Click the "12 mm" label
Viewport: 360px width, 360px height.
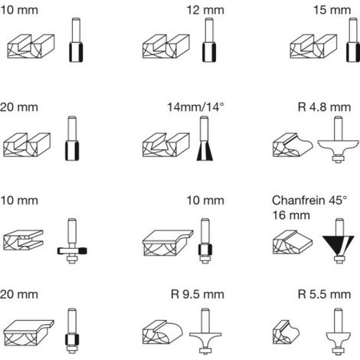click(x=205, y=10)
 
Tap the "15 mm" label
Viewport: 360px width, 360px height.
click(x=332, y=10)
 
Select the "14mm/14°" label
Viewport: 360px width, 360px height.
click(x=195, y=107)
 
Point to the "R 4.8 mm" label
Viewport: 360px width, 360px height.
click(x=324, y=107)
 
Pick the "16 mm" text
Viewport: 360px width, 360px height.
click(x=291, y=215)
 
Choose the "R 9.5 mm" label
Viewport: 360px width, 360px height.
click(x=198, y=294)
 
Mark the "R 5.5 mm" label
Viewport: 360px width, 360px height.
click(x=324, y=294)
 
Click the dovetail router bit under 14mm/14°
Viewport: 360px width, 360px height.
click(x=205, y=139)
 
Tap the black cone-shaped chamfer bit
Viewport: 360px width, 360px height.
click(x=339, y=241)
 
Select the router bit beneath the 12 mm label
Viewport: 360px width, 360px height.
click(x=209, y=40)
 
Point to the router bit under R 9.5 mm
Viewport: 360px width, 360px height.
click(x=205, y=331)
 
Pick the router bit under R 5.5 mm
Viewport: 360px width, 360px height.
click(x=338, y=331)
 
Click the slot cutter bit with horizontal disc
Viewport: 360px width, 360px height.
click(x=72, y=241)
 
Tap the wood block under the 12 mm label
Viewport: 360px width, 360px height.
click(x=166, y=47)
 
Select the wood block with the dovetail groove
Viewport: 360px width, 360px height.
click(x=166, y=145)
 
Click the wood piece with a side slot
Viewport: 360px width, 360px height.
click(x=23, y=240)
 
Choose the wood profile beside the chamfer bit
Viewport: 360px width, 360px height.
click(x=293, y=242)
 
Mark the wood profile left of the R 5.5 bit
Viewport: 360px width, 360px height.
click(x=286, y=332)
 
